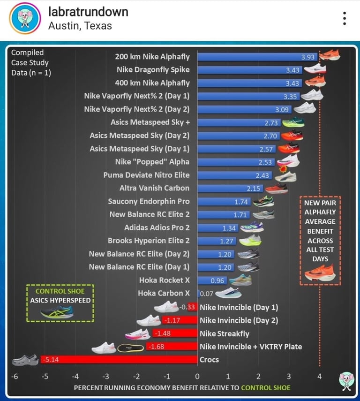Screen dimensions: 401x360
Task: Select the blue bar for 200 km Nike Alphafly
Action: [258, 57]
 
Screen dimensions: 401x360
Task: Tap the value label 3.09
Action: [282, 110]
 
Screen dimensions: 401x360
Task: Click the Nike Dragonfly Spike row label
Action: [153, 70]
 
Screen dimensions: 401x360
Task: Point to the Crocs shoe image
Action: [24, 360]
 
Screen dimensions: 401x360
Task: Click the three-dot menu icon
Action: [345, 18]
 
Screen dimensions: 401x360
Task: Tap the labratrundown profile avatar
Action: [23, 18]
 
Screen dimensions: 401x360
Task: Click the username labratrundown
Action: [88, 12]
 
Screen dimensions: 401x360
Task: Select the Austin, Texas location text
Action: [80, 25]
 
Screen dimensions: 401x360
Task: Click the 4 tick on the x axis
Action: [319, 376]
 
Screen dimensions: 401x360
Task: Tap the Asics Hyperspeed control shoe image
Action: [57, 312]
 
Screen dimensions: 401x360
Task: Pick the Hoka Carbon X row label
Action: [164, 293]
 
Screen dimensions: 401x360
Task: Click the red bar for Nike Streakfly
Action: [174, 334]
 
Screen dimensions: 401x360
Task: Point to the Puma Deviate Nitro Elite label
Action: [146, 175]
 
